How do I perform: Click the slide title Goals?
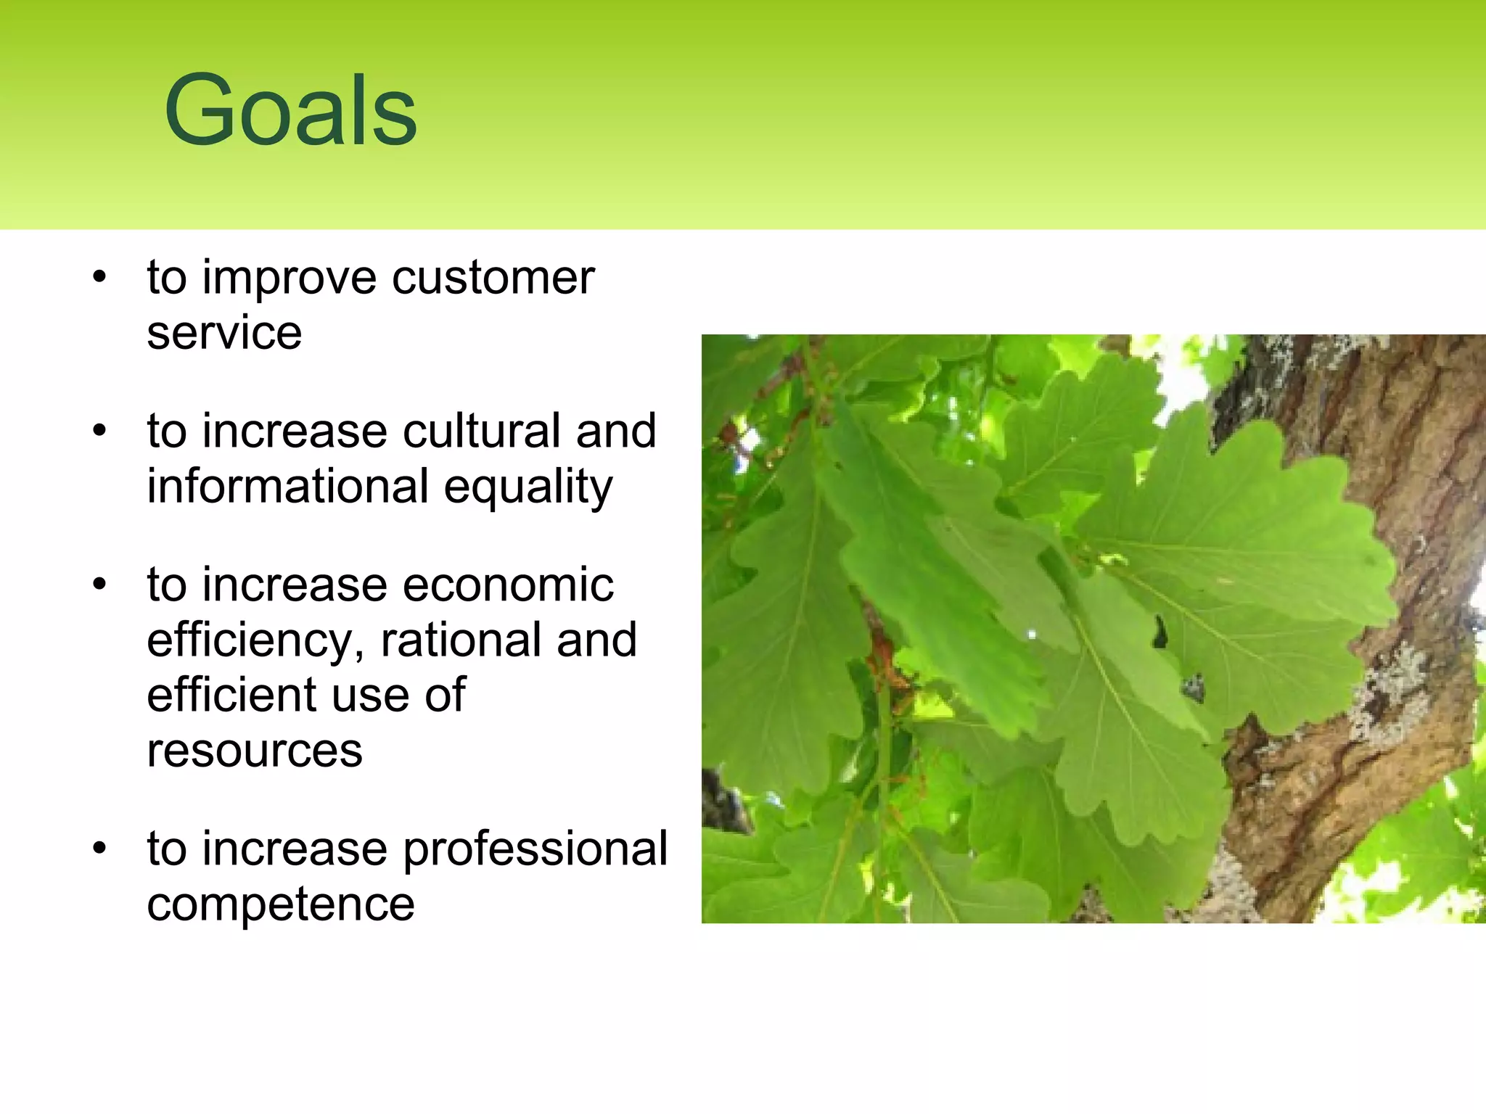tap(290, 110)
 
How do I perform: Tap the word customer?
tap(493, 278)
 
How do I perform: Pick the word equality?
tap(528, 487)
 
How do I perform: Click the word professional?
tap(535, 849)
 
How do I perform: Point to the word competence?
tap(280, 904)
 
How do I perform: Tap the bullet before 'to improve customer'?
tap(99, 278)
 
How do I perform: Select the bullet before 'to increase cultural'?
tap(99, 432)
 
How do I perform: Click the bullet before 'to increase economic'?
tap(99, 585)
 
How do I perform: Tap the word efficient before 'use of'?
tap(231, 695)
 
